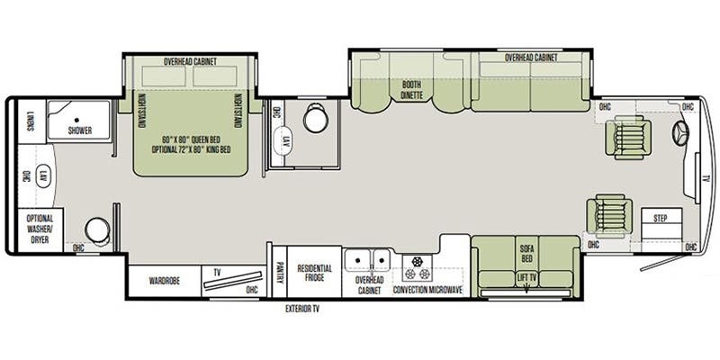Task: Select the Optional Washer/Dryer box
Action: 40,229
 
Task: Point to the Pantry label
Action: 280,272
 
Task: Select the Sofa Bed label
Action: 526,252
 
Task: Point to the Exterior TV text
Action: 303,309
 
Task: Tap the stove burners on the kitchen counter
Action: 417,266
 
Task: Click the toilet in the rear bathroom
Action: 97,229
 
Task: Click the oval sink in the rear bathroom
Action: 40,180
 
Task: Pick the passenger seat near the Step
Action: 604,216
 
